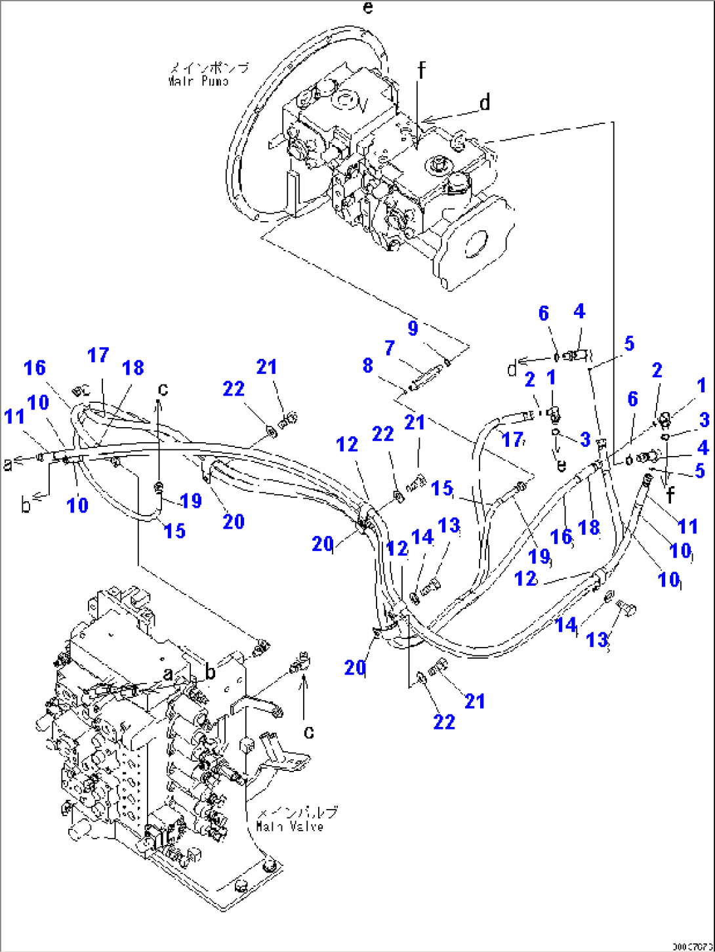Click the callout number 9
pos(413,328)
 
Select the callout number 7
pos(390,348)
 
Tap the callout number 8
pos(368,365)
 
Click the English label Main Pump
pos(198,82)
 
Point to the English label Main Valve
pos(289,827)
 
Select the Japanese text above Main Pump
pos(209,68)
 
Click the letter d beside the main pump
pos(484,103)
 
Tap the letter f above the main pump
pos(421,69)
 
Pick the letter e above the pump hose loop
pos(368,8)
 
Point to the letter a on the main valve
pos(169,673)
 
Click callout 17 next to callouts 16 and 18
pos(98,355)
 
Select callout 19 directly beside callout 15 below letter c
pos(190,501)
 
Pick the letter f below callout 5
pos(670,495)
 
